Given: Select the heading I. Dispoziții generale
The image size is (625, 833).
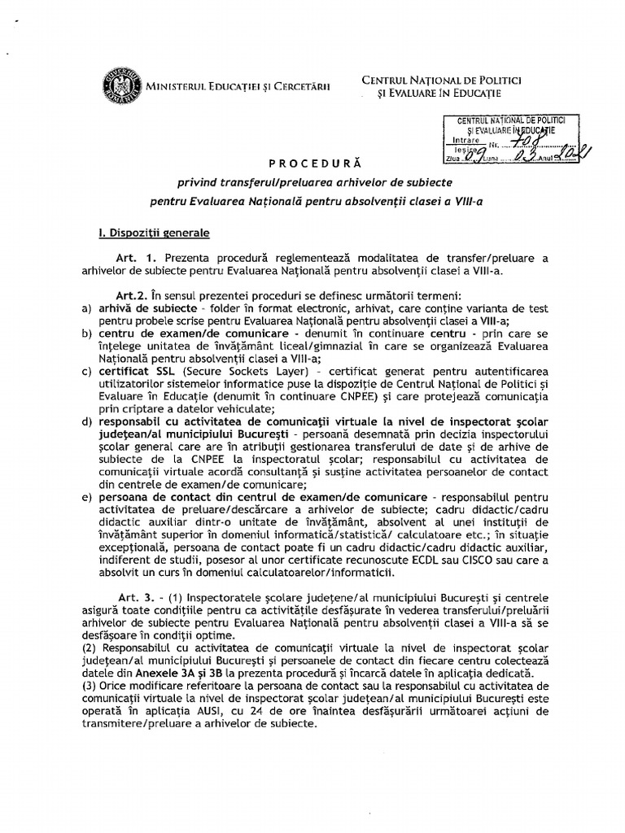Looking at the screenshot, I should [154, 233].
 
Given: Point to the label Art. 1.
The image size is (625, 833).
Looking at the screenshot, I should [133, 259].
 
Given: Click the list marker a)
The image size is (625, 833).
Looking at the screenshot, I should [87, 309].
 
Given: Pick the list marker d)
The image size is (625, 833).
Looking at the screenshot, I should [87, 421].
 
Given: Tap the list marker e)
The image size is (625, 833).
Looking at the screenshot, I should [87, 497].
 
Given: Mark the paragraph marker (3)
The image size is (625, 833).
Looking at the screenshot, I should [89, 687].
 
